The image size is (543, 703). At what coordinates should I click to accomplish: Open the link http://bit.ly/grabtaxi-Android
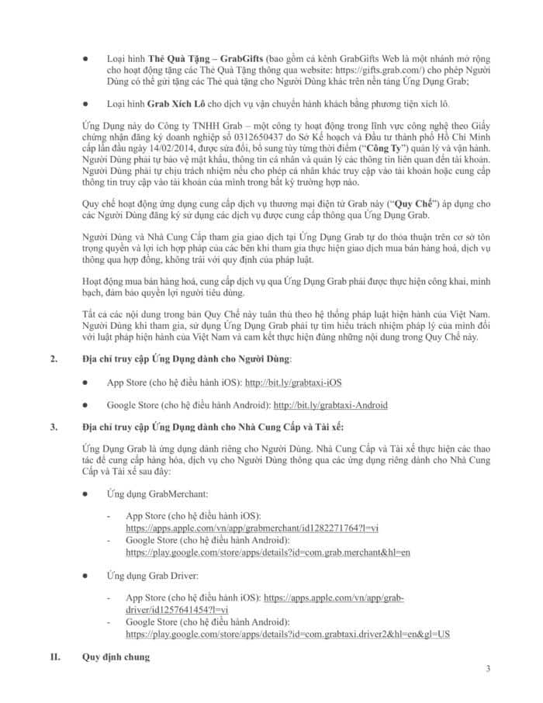(x=330, y=405)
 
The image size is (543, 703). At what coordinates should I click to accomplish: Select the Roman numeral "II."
(x=55, y=657)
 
